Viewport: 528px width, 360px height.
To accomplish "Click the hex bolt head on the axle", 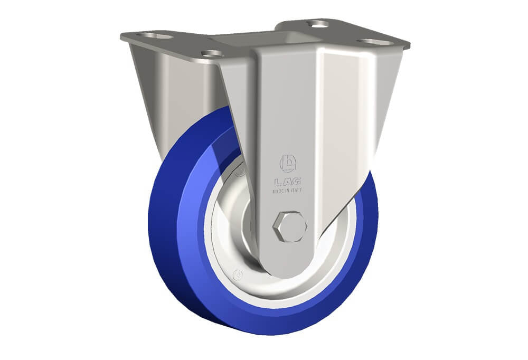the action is (290, 226).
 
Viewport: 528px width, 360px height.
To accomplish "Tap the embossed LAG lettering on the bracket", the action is (288, 182).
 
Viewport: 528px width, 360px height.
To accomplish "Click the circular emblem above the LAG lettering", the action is (288, 163).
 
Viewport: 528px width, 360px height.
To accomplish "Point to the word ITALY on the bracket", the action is (296, 190).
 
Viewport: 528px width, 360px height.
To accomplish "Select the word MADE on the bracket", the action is (278, 191).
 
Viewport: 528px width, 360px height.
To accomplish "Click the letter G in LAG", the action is (297, 182).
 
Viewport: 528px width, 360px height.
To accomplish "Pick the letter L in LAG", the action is (278, 183).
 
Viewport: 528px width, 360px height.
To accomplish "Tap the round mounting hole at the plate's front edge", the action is (212, 53).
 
